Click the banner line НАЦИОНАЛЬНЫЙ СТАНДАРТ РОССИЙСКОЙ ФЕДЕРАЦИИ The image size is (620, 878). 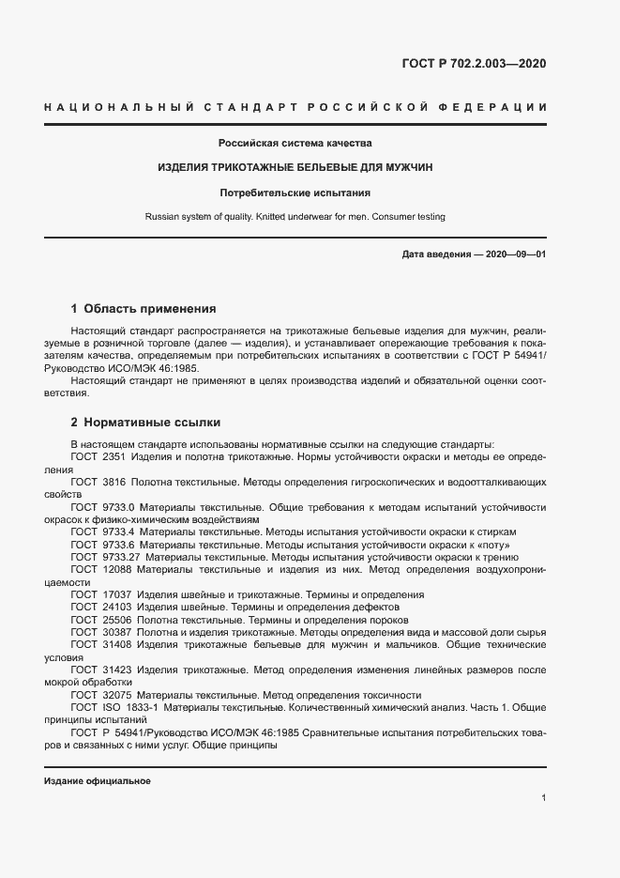tap(295, 108)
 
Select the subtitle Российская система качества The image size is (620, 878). tap(295, 144)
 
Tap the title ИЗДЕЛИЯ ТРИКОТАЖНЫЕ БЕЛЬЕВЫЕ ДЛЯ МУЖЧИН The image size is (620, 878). tap(295, 168)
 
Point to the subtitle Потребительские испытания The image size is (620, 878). tap(295, 193)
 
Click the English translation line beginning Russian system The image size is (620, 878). tap(295, 217)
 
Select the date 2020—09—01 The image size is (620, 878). tap(518, 255)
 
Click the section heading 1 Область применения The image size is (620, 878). tap(144, 308)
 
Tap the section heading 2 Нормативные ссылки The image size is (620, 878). tap(145, 423)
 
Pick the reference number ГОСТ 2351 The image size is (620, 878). tap(98, 455)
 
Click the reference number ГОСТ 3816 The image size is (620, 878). tap(98, 481)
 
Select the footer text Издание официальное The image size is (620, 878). tap(98, 781)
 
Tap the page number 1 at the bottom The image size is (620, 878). tap(543, 798)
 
